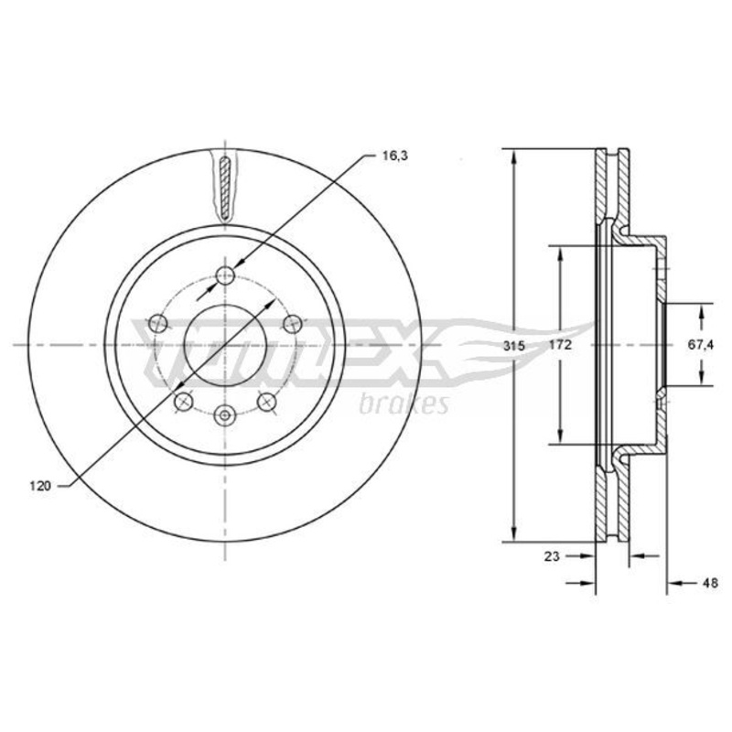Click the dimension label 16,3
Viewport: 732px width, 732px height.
(395, 156)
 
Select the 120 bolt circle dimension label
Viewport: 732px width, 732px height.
(40, 486)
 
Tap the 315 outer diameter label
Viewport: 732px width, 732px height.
(514, 346)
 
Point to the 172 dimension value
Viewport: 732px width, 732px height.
(561, 345)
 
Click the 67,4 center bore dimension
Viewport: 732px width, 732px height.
(701, 345)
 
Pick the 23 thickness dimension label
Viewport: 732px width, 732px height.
(552, 556)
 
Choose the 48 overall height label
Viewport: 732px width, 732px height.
(710, 583)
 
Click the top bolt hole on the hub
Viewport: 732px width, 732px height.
(225, 275)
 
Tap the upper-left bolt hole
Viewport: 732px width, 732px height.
(158, 323)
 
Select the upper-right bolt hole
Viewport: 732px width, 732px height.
(293, 323)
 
